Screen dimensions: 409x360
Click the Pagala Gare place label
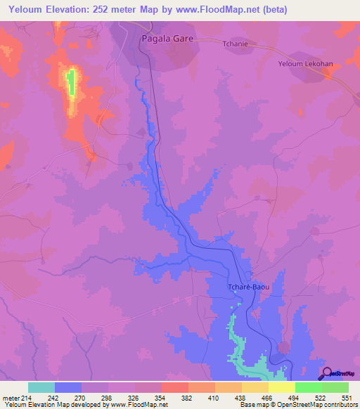[x=167, y=39]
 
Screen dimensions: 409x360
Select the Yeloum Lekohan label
[x=304, y=63]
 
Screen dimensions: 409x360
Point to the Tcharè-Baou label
[x=248, y=287]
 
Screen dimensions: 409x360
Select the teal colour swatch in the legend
[x=41, y=387]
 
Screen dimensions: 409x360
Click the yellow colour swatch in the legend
[x=282, y=387]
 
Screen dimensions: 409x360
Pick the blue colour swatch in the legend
[x=68, y=387]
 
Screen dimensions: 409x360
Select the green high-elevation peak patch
[x=70, y=83]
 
